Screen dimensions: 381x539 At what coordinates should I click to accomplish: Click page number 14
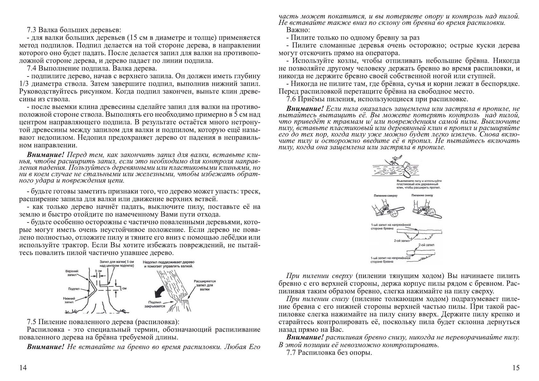(x=23, y=368)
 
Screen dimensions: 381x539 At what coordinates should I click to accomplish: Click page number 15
(x=516, y=368)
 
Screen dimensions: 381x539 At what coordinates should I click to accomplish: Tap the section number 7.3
(x=33, y=30)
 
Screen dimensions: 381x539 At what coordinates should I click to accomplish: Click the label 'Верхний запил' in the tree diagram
(x=72, y=272)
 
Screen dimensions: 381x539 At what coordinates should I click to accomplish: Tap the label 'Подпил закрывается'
(x=157, y=304)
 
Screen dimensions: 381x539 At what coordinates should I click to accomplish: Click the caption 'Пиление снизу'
(x=422, y=195)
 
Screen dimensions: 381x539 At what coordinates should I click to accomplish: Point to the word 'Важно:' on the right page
(x=298, y=30)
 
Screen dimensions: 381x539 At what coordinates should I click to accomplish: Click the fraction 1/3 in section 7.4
(x=24, y=84)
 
